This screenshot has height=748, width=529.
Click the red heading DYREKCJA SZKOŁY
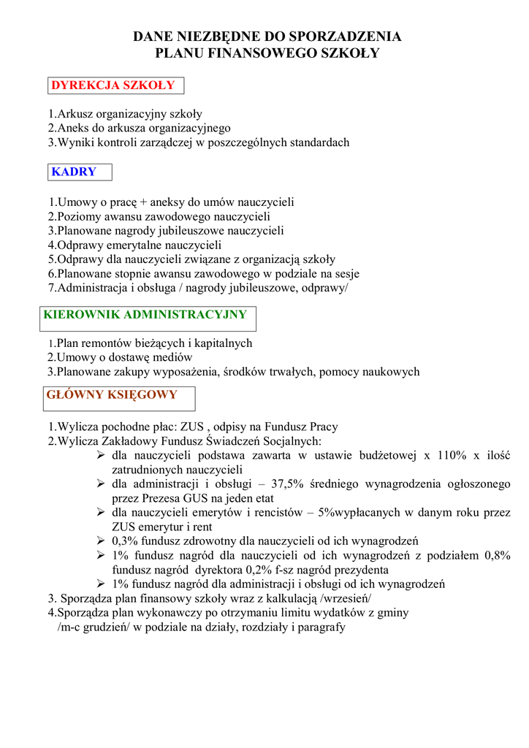(113, 85)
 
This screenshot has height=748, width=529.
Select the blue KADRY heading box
(74, 172)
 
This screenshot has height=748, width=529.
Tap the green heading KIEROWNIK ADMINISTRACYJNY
(145, 316)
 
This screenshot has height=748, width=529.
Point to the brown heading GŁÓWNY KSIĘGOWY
(112, 395)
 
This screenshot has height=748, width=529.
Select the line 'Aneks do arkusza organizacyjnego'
(139, 129)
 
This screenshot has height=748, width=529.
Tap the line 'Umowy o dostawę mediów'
(120, 357)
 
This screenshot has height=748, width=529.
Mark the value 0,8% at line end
(497, 556)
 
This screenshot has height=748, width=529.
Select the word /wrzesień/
(346, 598)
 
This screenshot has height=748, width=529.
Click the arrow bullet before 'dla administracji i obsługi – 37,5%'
(102, 484)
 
